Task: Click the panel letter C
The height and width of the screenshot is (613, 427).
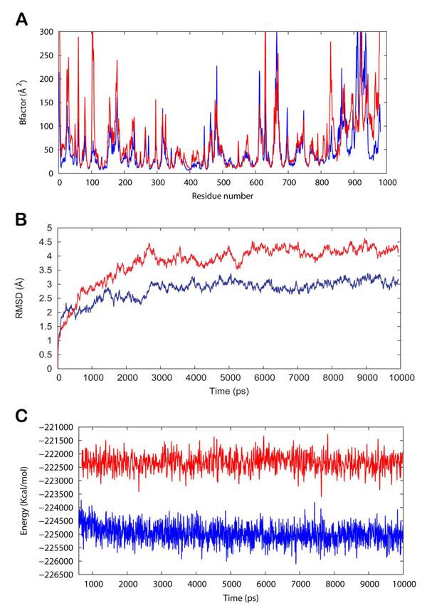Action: (23, 415)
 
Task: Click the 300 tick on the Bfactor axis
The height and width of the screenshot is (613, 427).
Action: (48, 32)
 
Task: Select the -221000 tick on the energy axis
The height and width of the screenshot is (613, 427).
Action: (60, 427)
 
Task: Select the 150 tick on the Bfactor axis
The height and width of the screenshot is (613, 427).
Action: (48, 103)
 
